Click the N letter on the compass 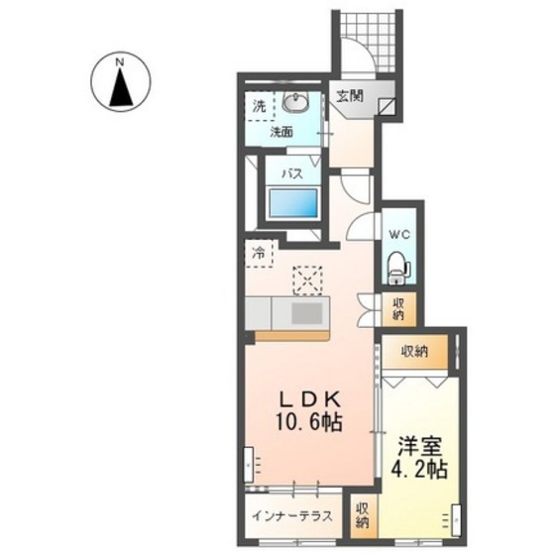(120, 62)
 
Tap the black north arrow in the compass (121, 87)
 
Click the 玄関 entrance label (350, 95)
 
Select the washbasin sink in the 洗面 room (296, 102)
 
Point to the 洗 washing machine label (260, 106)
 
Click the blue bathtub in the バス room (293, 203)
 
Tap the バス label (292, 173)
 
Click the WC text (399, 234)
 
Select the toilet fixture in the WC (398, 268)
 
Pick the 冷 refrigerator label (259, 253)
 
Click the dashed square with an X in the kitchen (307, 280)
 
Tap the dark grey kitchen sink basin (307, 314)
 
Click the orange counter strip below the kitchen (292, 336)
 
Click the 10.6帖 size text (308, 422)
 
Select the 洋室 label (420, 447)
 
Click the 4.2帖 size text (419, 469)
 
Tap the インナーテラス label (292, 516)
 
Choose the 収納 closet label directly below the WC (398, 309)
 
